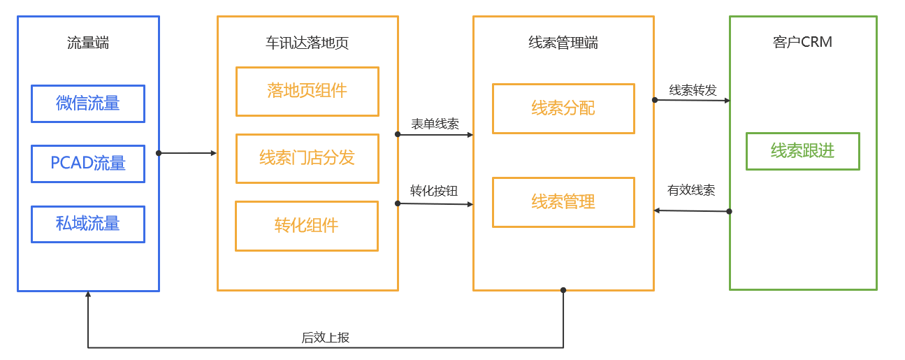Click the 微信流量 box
click(x=88, y=103)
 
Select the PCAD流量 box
click(x=88, y=164)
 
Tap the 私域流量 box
click(x=88, y=224)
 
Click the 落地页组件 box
click(x=307, y=91)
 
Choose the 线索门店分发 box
click(x=307, y=158)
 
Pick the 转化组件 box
click(x=307, y=226)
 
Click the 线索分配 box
click(x=563, y=108)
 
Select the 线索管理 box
click(x=563, y=202)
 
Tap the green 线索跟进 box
click(x=802, y=151)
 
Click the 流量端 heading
click(x=88, y=43)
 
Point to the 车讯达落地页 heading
click(x=307, y=43)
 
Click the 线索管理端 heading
click(x=563, y=43)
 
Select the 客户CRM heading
click(x=802, y=43)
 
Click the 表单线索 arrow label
click(x=435, y=124)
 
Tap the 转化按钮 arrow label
click(x=434, y=191)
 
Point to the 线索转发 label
click(x=693, y=90)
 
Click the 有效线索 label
click(x=691, y=190)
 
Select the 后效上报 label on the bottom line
click(x=325, y=338)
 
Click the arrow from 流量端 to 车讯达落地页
click(x=187, y=153)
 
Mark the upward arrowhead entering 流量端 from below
click(x=88, y=295)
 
